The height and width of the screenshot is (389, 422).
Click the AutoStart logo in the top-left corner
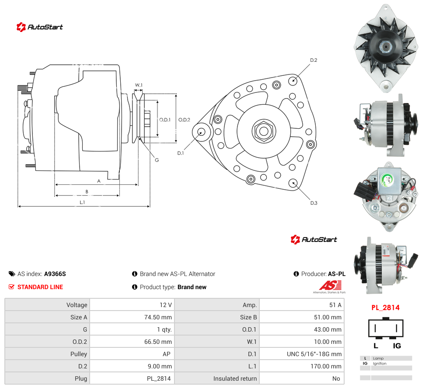(39, 27)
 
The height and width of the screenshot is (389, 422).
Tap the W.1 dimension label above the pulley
(139, 85)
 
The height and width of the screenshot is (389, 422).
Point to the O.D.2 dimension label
(184, 120)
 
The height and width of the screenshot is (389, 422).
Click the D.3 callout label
(314, 203)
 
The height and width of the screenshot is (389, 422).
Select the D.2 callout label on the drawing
(314, 60)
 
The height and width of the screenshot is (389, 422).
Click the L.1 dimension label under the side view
(82, 202)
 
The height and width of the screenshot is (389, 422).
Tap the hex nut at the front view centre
(264, 131)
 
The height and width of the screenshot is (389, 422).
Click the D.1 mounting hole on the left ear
(201, 132)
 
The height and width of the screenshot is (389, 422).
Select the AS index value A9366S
(55, 274)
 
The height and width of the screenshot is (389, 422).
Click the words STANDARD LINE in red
(40, 287)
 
